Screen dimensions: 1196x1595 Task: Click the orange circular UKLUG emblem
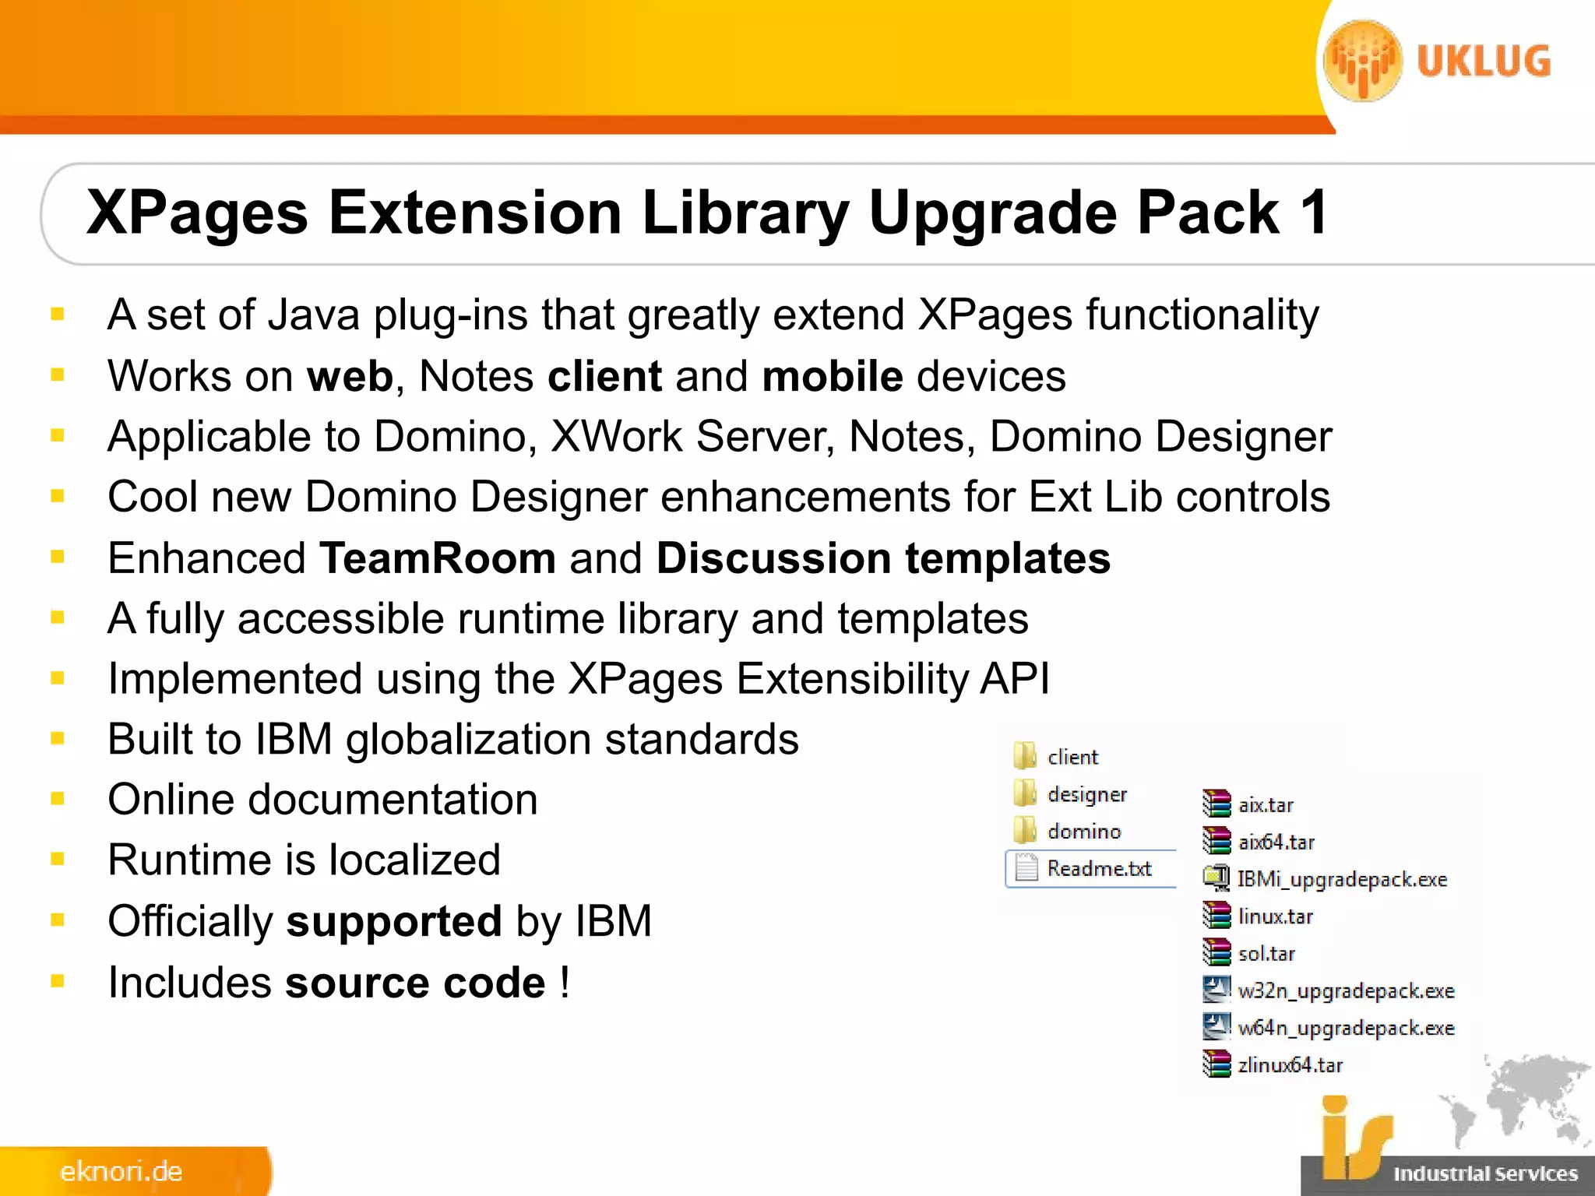(x=1363, y=61)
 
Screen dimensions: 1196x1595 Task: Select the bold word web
(x=350, y=376)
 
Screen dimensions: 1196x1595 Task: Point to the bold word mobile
(x=833, y=376)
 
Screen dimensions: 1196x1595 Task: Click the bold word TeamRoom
(x=438, y=558)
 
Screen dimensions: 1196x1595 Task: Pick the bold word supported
(x=394, y=921)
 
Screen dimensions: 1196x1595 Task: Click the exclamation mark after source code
(x=565, y=982)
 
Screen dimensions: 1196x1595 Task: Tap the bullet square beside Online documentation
(x=58, y=799)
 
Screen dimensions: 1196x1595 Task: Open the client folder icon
(x=1025, y=755)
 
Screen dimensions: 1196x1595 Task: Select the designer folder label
(x=1087, y=794)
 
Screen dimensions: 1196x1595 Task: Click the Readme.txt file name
(x=1099, y=868)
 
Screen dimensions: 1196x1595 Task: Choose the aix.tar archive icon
(x=1216, y=804)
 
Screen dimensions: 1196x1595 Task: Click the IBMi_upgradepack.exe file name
(x=1342, y=879)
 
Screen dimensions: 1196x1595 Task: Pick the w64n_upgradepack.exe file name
(x=1346, y=1028)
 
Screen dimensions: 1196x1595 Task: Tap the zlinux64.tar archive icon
(x=1216, y=1064)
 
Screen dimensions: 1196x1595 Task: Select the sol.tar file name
(x=1266, y=954)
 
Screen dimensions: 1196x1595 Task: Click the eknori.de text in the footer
(x=121, y=1171)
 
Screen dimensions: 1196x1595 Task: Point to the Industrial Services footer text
(x=1485, y=1173)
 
